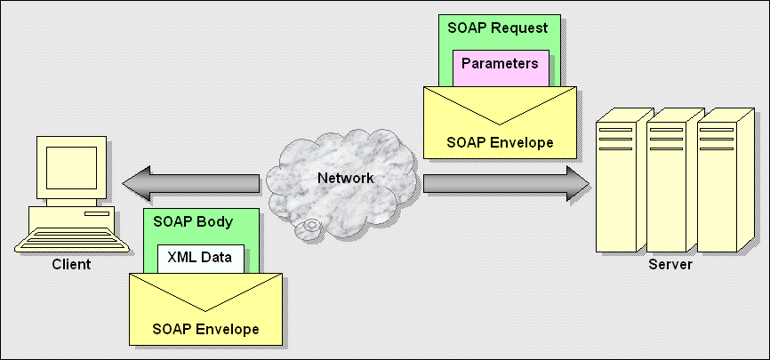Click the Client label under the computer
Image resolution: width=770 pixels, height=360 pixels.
click(71, 264)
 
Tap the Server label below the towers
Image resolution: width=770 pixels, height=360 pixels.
click(670, 264)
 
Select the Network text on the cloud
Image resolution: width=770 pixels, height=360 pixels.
click(346, 178)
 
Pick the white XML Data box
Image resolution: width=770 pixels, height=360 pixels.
click(200, 258)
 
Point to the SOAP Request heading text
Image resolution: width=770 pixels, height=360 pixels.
click(499, 28)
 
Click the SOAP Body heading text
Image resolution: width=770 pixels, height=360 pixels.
click(193, 221)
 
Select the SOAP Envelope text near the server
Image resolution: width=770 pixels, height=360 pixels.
click(500, 141)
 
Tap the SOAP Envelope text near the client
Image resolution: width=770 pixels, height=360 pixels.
click(205, 329)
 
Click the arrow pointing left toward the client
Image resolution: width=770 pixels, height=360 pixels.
click(191, 184)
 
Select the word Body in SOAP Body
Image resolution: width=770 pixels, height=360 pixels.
click(214, 221)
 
